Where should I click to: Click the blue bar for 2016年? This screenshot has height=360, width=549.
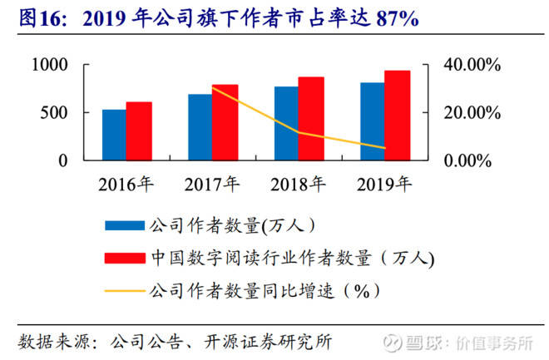(114, 135)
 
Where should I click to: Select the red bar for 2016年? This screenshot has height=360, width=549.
(139, 131)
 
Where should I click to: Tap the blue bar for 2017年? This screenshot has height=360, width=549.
(200, 127)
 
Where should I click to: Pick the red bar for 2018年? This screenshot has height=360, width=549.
(311, 119)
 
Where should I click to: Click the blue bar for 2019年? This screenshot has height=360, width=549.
(372, 121)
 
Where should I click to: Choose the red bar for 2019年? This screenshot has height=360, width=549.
(397, 116)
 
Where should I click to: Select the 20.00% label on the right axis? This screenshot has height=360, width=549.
(471, 113)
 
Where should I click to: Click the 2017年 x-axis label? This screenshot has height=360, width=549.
(212, 183)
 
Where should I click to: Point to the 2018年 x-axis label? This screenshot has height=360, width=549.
(299, 183)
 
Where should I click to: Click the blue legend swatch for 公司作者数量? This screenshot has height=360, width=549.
(124, 224)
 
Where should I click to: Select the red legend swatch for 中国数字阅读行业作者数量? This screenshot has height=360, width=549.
(124, 259)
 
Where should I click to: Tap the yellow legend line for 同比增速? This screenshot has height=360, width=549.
(124, 291)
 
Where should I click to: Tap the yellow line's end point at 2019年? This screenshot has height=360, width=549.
(384, 148)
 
